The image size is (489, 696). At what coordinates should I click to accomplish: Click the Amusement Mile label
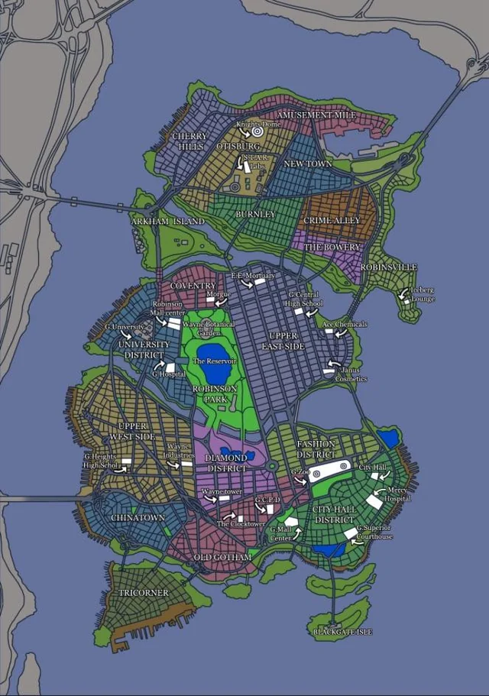[x=316, y=115]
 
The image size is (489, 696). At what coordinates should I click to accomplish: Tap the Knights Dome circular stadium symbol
[x=257, y=131]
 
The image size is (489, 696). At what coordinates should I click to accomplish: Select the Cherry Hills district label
[x=189, y=141]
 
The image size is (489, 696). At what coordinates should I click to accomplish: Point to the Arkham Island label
[x=168, y=222]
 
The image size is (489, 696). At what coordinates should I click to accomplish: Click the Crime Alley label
[x=332, y=221]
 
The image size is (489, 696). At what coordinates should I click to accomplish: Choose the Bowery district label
[x=332, y=248]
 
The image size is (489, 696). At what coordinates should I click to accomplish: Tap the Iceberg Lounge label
[x=423, y=295]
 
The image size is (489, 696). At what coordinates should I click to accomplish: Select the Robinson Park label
[x=215, y=393]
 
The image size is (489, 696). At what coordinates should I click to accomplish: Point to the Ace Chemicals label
[x=345, y=325]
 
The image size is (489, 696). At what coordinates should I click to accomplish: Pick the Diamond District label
[x=226, y=463]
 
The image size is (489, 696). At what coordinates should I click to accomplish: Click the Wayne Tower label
[x=222, y=492]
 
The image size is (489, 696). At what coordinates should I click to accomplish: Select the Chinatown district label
[x=138, y=518]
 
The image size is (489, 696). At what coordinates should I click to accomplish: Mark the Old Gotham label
[x=222, y=558]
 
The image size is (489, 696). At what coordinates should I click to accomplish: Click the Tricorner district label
[x=143, y=593]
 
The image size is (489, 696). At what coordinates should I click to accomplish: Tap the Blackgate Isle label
[x=342, y=633]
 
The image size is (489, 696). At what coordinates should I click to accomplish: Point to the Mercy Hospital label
[x=399, y=494]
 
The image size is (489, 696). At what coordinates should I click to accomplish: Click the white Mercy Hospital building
[x=375, y=502]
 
